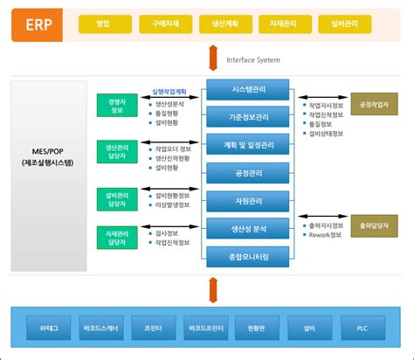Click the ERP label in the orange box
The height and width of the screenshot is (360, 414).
click(x=38, y=23)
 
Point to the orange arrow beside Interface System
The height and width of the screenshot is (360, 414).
click(x=212, y=59)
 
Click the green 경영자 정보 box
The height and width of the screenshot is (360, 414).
click(x=113, y=106)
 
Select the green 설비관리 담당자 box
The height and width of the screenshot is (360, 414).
click(x=113, y=197)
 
